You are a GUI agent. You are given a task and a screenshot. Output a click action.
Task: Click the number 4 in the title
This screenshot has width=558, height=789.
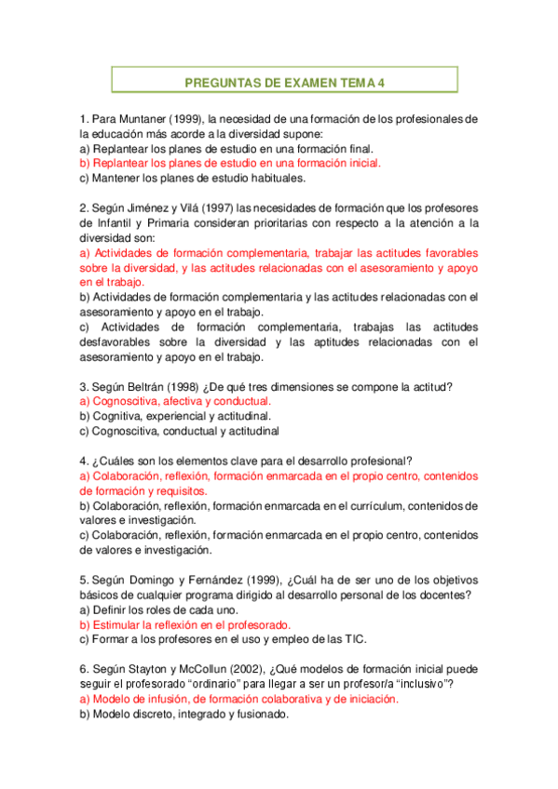[x=381, y=83]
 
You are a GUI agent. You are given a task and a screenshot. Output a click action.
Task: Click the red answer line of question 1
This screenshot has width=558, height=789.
[x=230, y=163]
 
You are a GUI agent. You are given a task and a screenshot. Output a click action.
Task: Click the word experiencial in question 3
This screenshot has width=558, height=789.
[x=176, y=416]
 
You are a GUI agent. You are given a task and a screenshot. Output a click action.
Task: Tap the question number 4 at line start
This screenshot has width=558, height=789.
[x=84, y=461]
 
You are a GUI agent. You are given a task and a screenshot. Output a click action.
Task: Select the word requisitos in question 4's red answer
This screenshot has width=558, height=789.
[x=180, y=490]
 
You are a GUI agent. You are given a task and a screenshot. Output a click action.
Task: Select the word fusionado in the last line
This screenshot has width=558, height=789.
[x=261, y=714]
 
